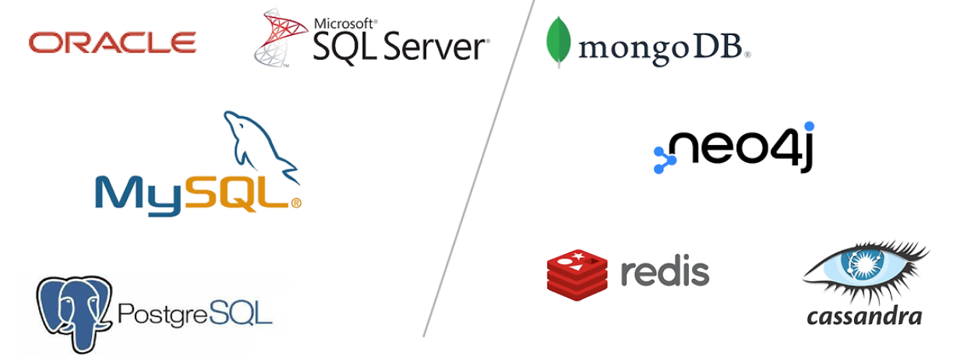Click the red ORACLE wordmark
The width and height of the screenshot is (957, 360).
tap(112, 42)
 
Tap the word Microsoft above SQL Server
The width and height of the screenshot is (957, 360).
tap(344, 24)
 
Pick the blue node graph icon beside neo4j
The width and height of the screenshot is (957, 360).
tap(664, 160)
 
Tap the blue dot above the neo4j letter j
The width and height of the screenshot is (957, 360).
tap(809, 126)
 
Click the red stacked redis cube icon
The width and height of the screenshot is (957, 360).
tap(577, 273)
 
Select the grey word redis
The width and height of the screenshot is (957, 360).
tap(665, 272)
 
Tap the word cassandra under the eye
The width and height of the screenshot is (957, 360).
tap(864, 316)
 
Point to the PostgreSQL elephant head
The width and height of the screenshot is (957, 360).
tap(74, 308)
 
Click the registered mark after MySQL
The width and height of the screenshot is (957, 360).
tap(296, 203)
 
